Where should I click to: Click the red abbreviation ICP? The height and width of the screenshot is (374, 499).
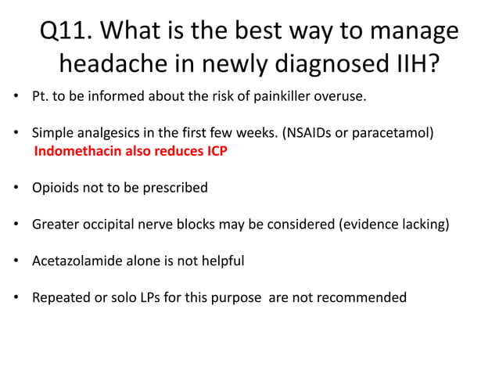216,151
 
